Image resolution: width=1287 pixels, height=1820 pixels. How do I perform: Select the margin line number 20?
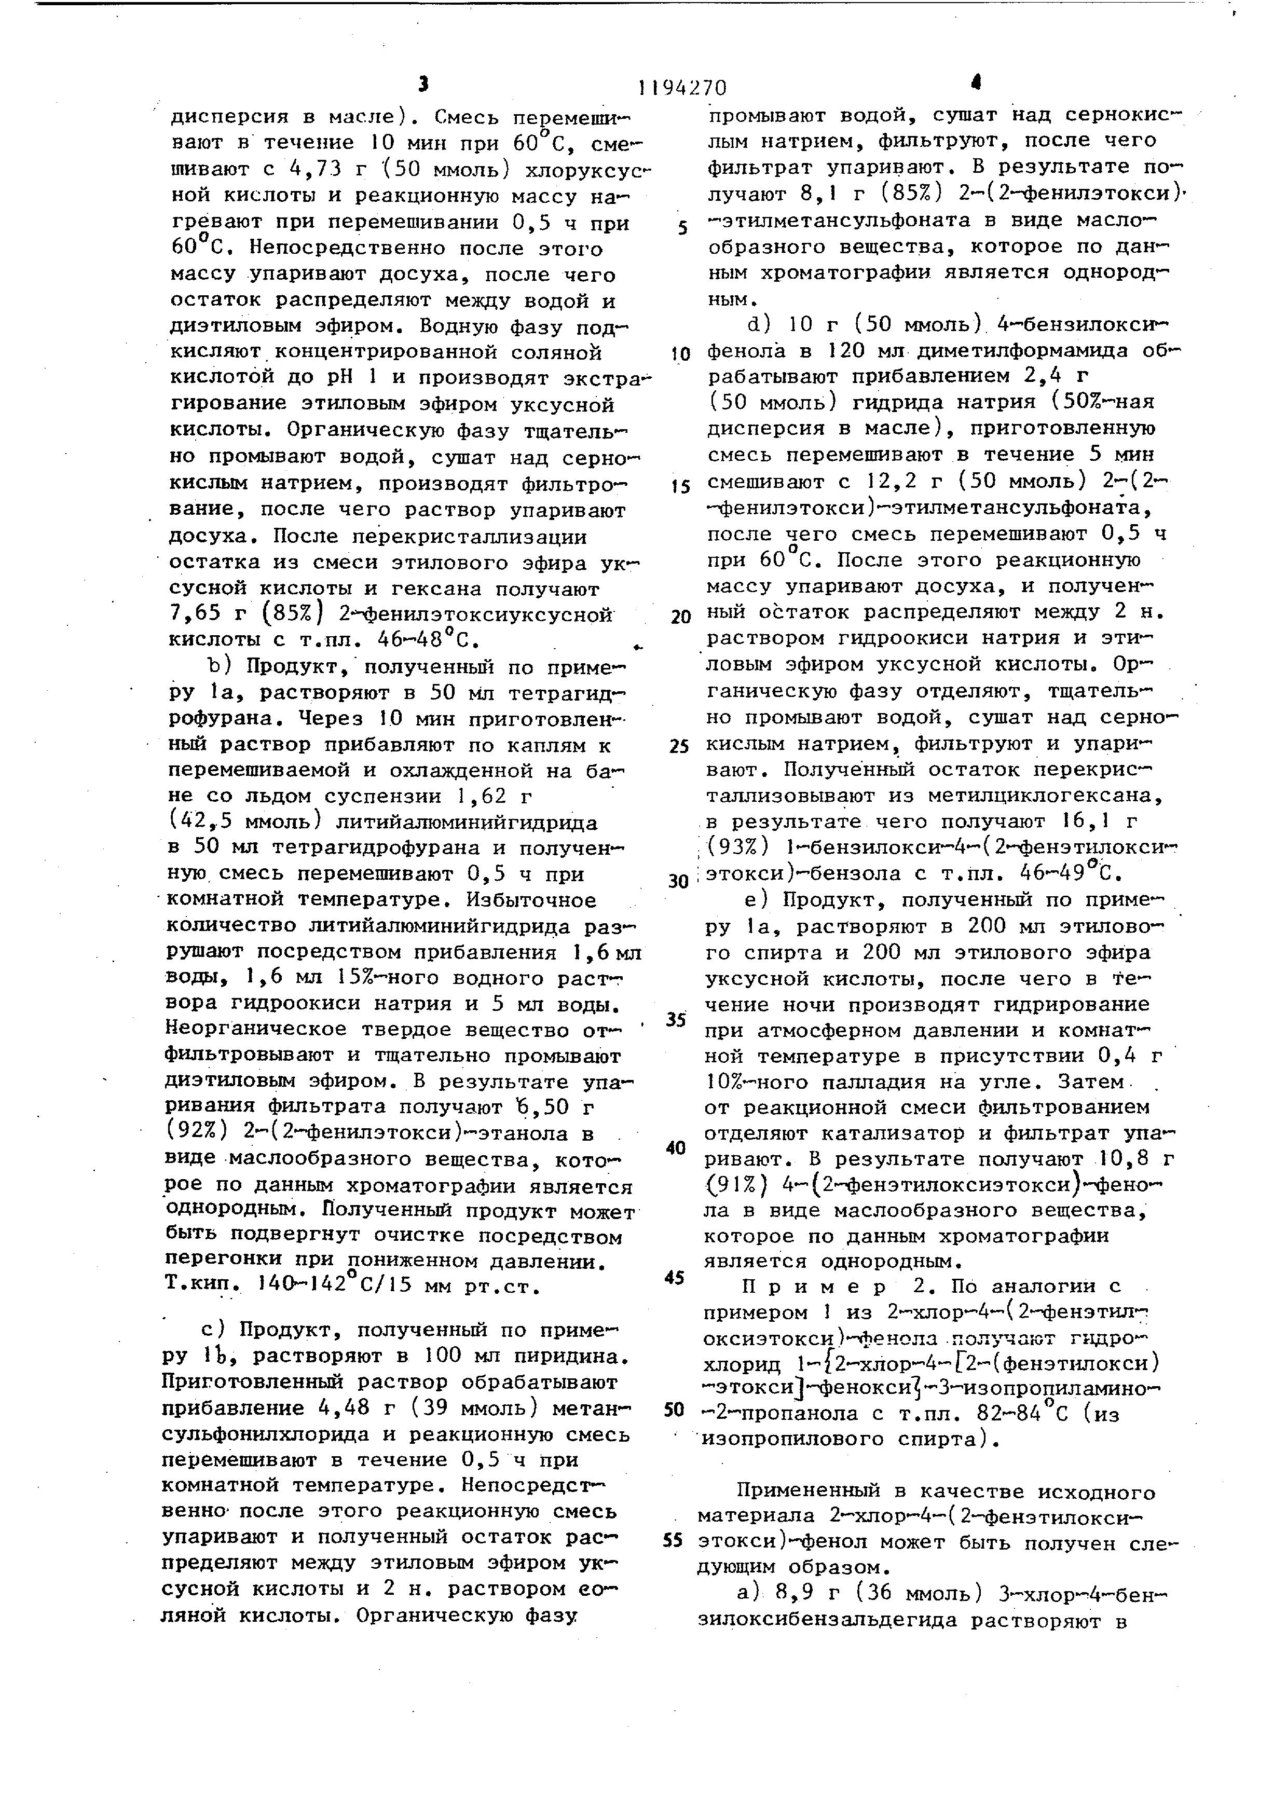(x=680, y=617)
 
